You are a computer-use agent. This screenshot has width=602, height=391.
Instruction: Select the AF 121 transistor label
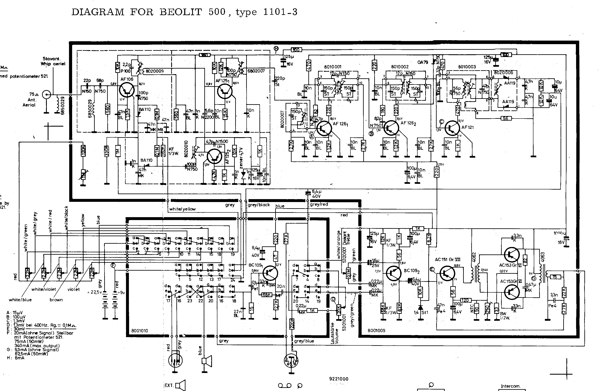[x=468, y=127]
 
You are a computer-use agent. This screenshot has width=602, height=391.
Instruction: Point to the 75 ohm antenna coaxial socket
[x=46, y=95]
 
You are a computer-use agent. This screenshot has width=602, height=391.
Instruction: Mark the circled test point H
[x=276, y=48]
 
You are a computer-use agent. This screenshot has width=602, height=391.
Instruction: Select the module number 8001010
[x=140, y=330]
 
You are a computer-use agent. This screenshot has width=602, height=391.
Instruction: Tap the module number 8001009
[x=376, y=330]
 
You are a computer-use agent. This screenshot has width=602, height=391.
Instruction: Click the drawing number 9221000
[x=339, y=379]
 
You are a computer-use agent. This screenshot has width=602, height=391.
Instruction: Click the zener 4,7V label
[x=241, y=158]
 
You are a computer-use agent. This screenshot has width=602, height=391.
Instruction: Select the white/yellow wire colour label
[x=182, y=209]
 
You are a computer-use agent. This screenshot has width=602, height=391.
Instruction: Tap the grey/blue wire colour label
[x=304, y=341]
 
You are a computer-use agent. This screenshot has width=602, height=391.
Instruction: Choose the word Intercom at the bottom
[x=510, y=386]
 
